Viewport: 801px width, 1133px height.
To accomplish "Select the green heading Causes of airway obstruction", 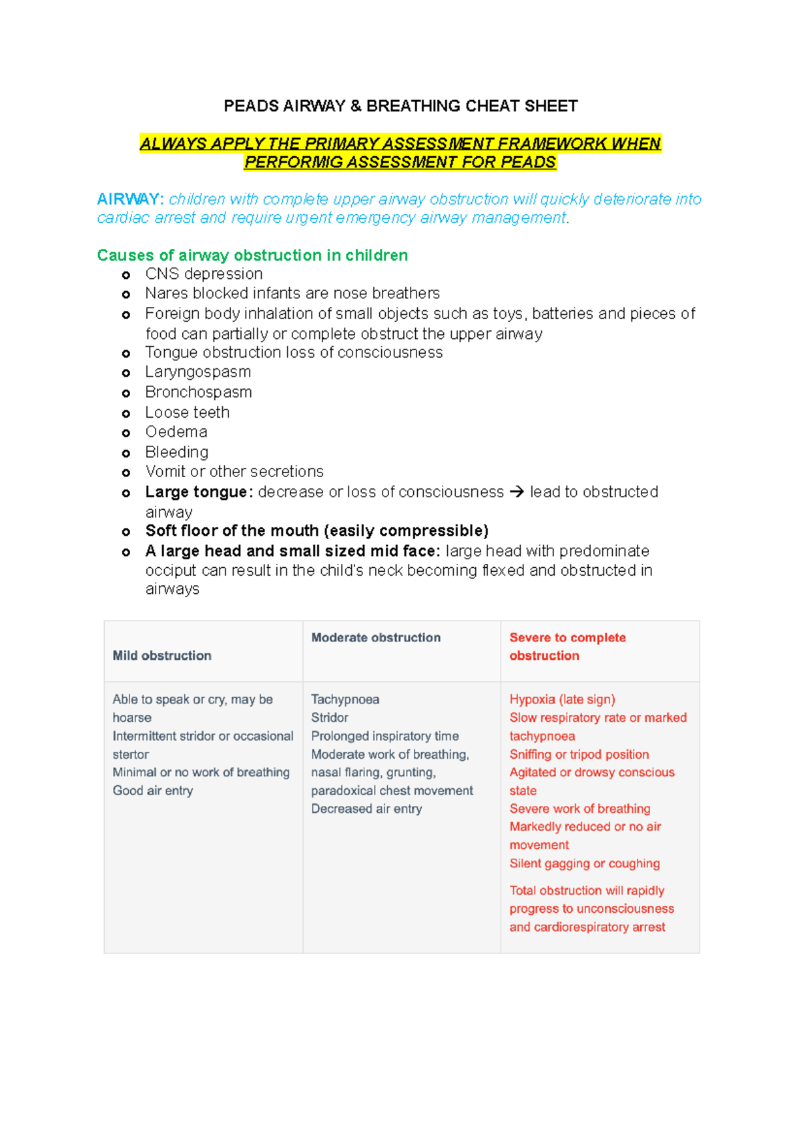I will click(252, 255).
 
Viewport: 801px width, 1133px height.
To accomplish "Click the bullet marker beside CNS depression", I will click(126, 275).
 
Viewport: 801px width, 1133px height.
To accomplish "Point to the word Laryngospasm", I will click(198, 372).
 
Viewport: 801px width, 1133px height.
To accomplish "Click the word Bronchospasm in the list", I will click(198, 392).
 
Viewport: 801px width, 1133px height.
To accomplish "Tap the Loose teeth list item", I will click(187, 412).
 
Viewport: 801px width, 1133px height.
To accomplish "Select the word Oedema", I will click(176, 432).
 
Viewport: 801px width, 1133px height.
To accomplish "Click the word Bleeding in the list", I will click(177, 452).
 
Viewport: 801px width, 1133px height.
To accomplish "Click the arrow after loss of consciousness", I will click(517, 492).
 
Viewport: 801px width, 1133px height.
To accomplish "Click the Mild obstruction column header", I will click(162, 655).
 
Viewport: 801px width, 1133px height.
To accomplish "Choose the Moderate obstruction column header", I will click(376, 637).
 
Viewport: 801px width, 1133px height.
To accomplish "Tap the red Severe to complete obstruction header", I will click(567, 646).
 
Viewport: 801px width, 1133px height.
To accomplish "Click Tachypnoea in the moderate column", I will click(345, 699).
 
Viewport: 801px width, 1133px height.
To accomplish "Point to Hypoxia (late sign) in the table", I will click(562, 699).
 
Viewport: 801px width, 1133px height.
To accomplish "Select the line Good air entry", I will click(153, 790).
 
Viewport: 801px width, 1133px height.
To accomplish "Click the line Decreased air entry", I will click(366, 809).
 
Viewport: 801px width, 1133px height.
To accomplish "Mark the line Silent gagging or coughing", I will click(584, 863).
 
